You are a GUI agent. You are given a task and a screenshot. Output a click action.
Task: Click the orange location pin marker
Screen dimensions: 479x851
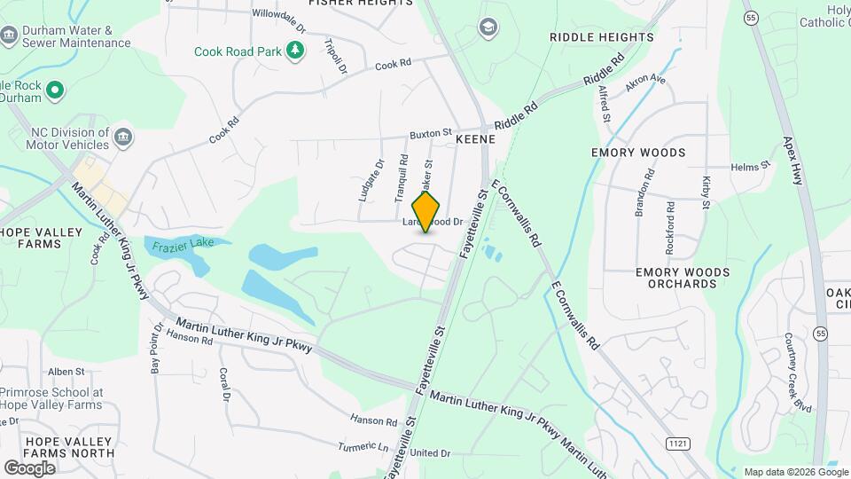pyautogui.click(x=426, y=212)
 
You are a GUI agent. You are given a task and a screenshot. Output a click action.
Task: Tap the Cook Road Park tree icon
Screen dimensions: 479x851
pyautogui.click(x=295, y=51)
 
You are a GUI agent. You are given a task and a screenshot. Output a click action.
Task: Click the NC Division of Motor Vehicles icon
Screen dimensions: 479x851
pyautogui.click(x=123, y=137)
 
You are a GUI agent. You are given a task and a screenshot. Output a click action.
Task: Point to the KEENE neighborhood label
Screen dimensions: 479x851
pyautogui.click(x=474, y=140)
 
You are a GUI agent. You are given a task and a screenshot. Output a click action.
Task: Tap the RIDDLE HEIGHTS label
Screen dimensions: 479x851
pyautogui.click(x=601, y=37)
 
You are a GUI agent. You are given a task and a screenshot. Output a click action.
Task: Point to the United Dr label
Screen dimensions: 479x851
pyautogui.click(x=430, y=453)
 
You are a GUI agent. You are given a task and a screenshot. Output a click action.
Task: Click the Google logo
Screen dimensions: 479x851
pyautogui.click(x=29, y=467)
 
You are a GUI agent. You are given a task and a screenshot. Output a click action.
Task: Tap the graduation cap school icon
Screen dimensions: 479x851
pyautogui.click(x=487, y=27)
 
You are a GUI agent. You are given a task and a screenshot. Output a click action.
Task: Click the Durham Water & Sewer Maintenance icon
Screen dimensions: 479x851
pyautogui.click(x=9, y=36)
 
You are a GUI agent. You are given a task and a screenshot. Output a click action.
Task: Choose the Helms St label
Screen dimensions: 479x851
pyautogui.click(x=747, y=167)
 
